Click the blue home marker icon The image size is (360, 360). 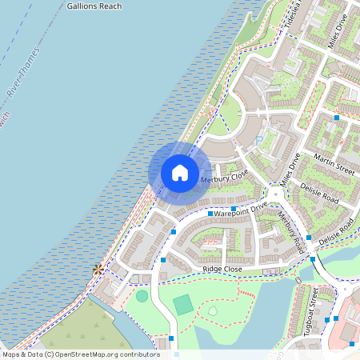[180, 173]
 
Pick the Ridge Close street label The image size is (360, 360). [222, 270]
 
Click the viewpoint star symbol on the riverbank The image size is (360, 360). [98, 270]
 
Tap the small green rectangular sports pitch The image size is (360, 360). [183, 304]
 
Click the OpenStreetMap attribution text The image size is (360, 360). [80, 354]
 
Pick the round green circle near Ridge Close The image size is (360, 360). [142, 296]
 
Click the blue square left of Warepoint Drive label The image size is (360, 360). [210, 214]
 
